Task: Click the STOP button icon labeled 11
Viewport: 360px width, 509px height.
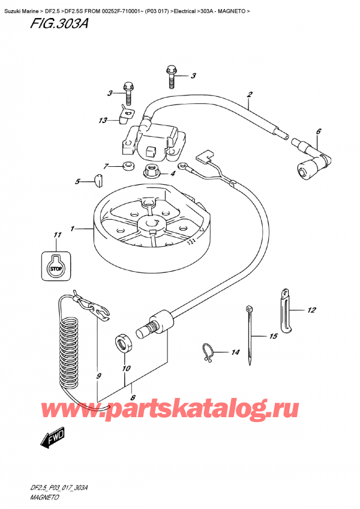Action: click(x=56, y=262)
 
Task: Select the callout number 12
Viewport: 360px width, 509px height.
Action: click(x=311, y=310)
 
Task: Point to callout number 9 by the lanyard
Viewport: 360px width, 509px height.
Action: click(x=98, y=376)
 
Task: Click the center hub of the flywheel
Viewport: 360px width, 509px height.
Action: click(x=152, y=224)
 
